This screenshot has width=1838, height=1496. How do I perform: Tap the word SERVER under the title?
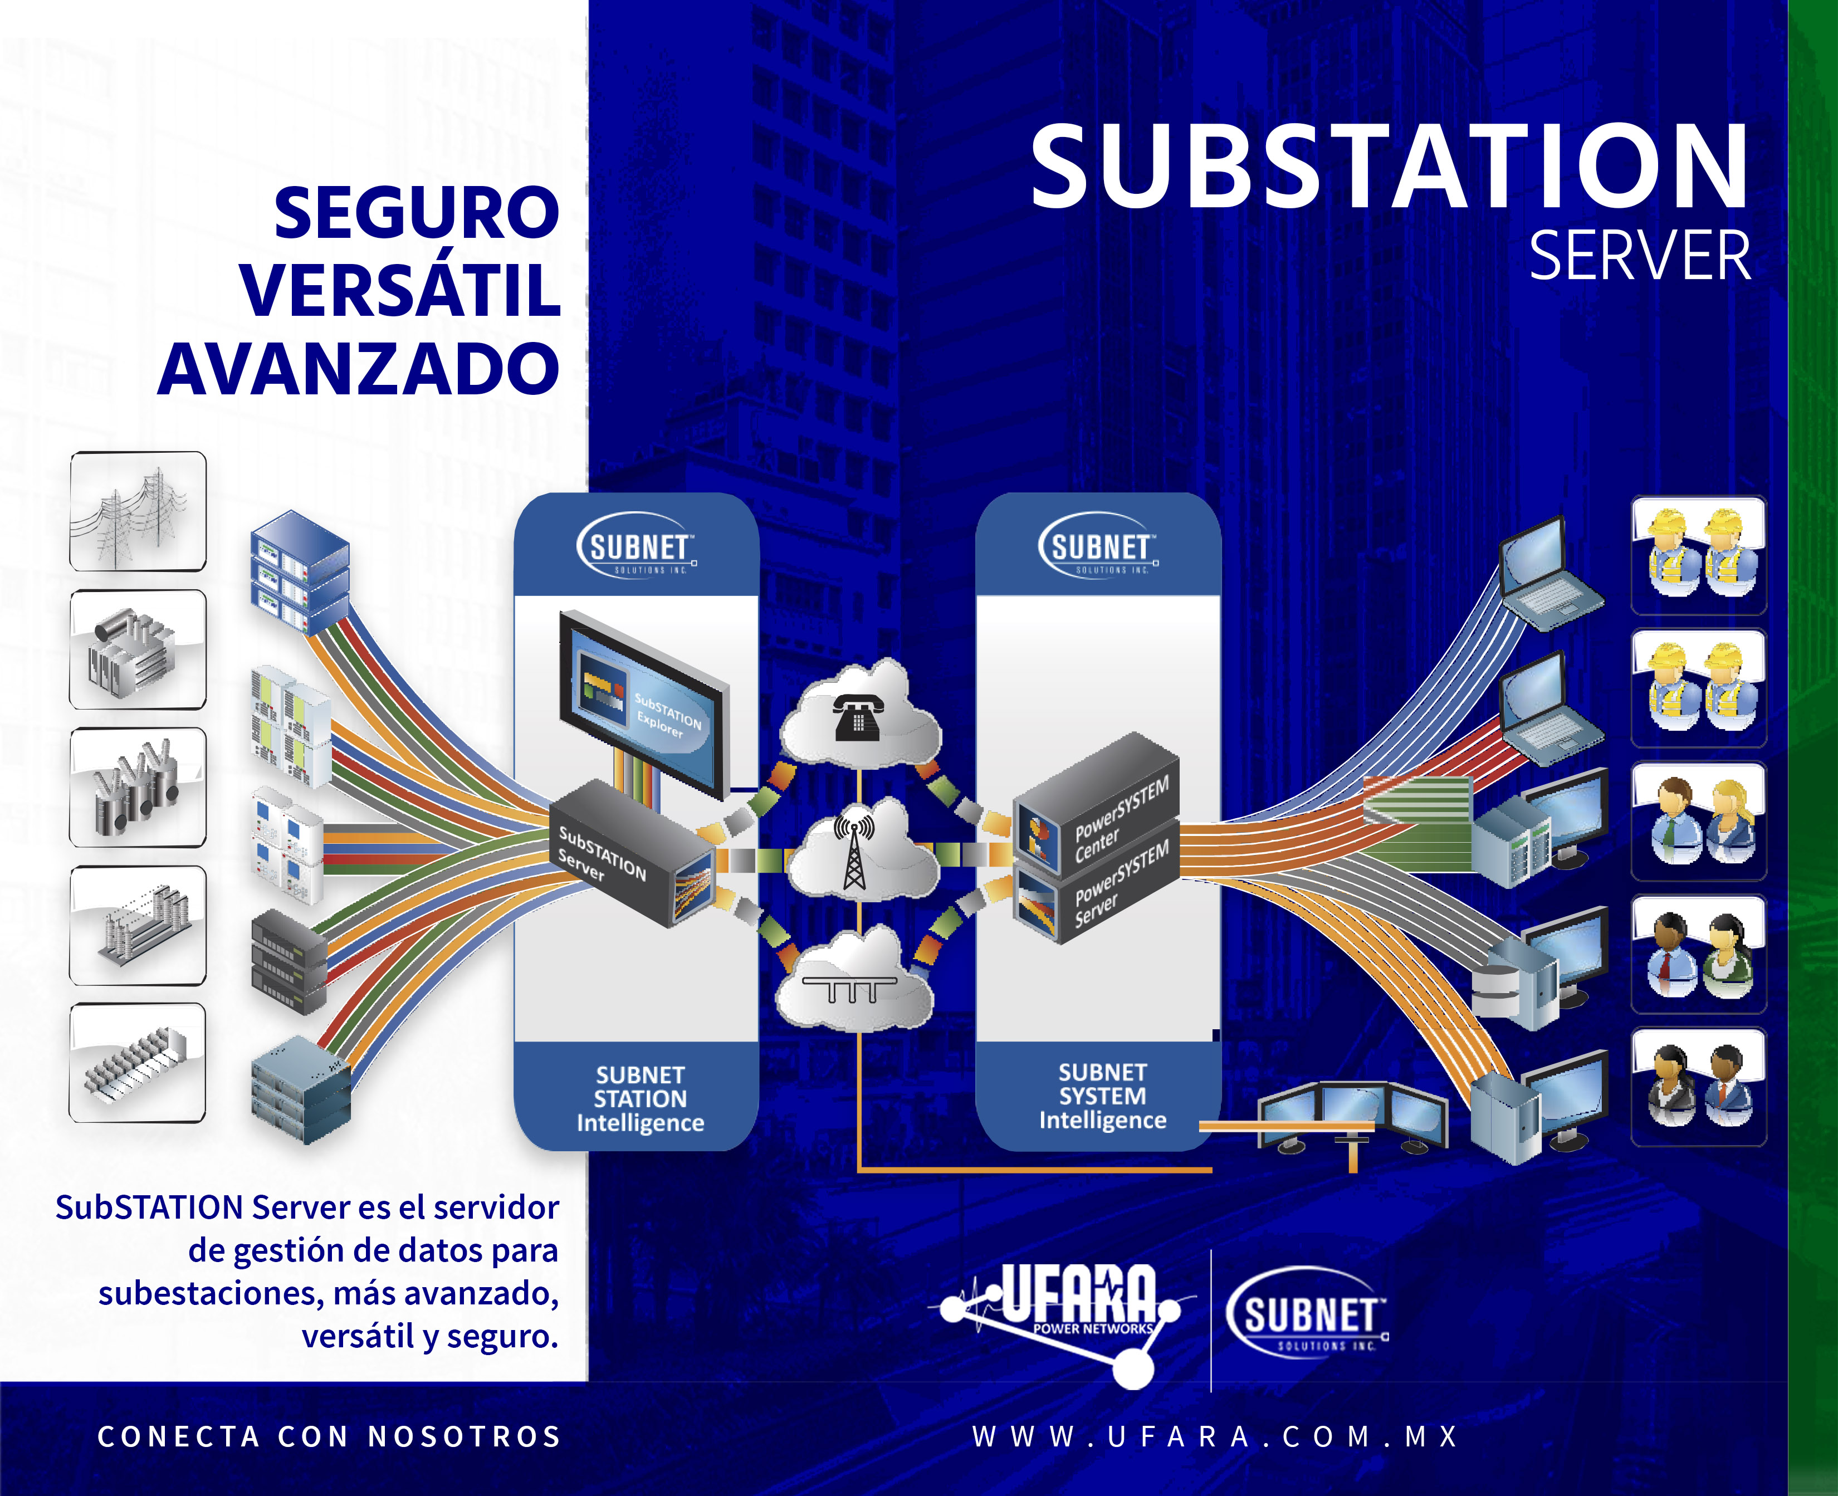(x=1639, y=256)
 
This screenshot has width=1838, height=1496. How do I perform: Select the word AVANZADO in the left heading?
(x=359, y=369)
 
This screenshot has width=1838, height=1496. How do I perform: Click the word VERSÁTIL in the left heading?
(x=400, y=290)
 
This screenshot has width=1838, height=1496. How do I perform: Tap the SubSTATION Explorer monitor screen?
(x=642, y=702)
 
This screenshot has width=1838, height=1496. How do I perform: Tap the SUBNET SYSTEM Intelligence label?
(x=1102, y=1096)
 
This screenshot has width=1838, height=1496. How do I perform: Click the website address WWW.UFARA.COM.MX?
(x=1215, y=1436)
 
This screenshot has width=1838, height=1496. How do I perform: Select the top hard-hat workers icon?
(x=1698, y=554)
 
